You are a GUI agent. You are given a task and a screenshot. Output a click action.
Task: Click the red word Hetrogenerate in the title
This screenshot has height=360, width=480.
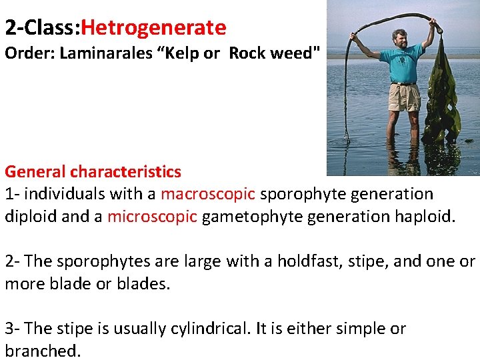click(154, 28)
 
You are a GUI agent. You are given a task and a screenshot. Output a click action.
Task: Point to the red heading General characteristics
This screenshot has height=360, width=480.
click(93, 171)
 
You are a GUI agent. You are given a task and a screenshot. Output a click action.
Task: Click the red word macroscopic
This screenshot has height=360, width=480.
click(208, 194)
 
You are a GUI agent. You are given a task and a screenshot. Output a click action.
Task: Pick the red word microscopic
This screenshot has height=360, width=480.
click(152, 217)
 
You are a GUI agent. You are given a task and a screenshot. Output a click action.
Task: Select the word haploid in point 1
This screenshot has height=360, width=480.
click(425, 217)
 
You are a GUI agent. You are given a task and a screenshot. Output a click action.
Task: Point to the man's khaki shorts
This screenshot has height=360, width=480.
click(405, 97)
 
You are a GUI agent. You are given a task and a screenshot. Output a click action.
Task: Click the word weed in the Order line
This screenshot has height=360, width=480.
click(295, 53)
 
